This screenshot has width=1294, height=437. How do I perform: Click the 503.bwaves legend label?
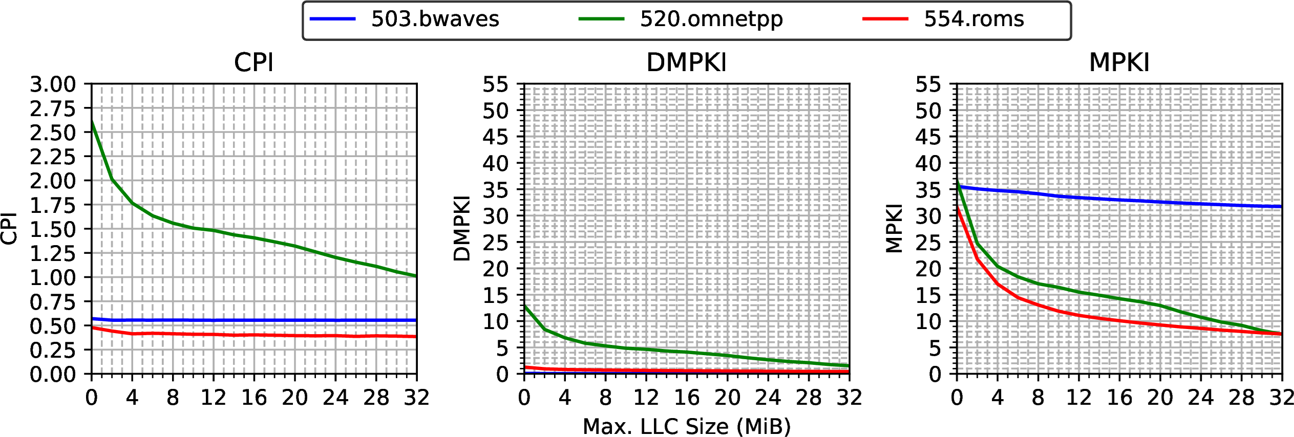point(435,19)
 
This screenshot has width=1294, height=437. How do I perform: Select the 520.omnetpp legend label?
point(711,19)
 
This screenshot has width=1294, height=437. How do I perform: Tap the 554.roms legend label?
point(974,19)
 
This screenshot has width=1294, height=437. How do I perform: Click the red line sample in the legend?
point(885,19)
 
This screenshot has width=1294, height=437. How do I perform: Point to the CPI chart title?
point(253,63)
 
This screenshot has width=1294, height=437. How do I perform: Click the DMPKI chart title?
point(686,63)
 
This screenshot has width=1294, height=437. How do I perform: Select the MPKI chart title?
point(1119,63)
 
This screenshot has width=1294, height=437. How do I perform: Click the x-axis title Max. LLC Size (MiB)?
point(687,426)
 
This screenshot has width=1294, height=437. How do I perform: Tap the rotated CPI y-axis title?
point(9,229)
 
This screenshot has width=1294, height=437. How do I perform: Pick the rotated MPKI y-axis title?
point(894,229)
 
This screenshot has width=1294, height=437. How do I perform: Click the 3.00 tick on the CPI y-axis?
point(53,84)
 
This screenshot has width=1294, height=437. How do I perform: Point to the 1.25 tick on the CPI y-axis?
point(53,253)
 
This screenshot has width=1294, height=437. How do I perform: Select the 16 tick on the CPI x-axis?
point(254,398)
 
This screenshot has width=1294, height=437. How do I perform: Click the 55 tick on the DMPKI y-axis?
point(495,84)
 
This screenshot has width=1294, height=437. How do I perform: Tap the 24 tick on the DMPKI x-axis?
point(768,398)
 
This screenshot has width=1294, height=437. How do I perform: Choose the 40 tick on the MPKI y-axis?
point(928,164)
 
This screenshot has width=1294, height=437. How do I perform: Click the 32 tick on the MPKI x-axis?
point(1282,398)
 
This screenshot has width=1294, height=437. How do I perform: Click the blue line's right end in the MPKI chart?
point(1282,207)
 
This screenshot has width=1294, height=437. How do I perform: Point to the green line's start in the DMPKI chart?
point(524,306)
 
